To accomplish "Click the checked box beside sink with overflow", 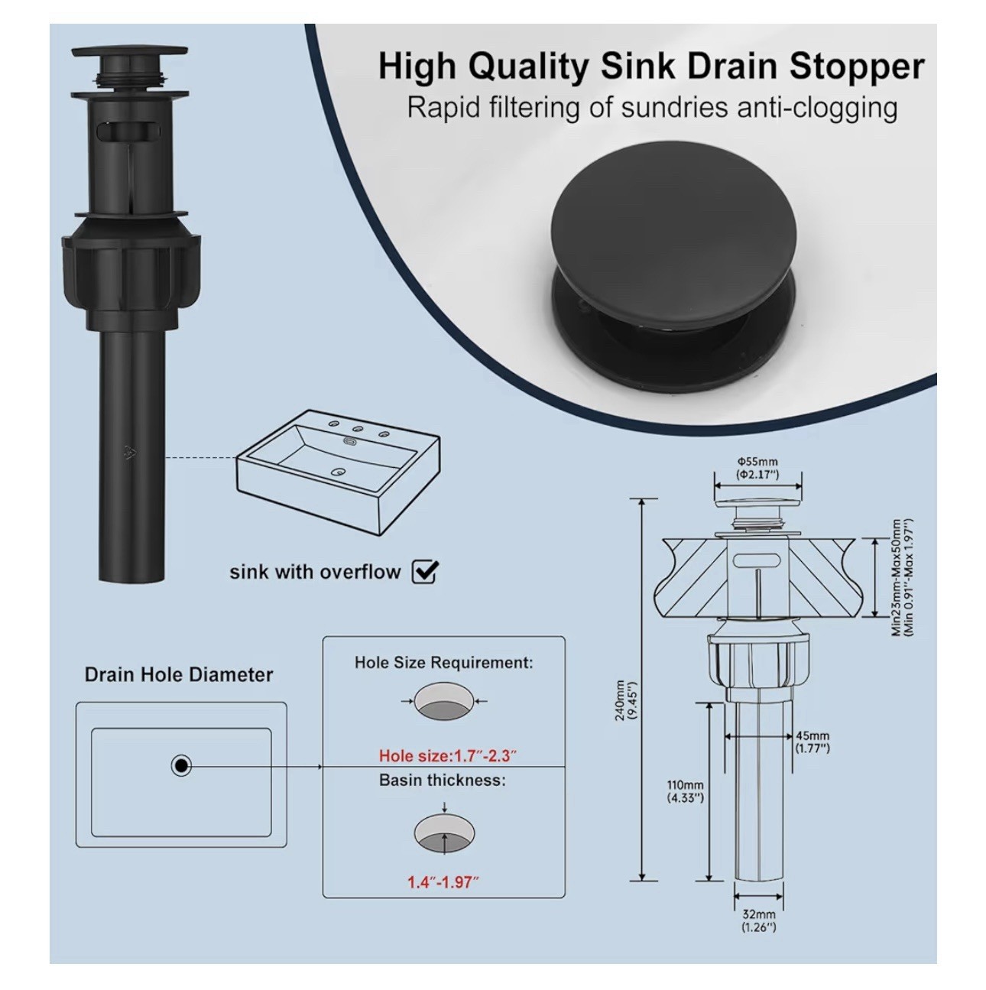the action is (x=425, y=571).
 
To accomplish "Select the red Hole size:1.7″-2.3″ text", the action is (x=448, y=756).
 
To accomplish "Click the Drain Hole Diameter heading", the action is (x=179, y=675).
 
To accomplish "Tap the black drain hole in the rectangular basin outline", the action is (x=181, y=767).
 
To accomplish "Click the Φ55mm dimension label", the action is (x=758, y=462).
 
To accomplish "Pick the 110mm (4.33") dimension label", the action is (x=686, y=792).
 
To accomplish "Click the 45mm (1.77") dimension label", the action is (x=812, y=742).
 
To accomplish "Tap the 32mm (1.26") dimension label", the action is (x=759, y=921).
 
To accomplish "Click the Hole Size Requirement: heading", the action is (x=444, y=662).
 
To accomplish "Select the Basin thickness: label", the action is (x=443, y=780).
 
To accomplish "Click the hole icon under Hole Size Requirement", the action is (x=444, y=701).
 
